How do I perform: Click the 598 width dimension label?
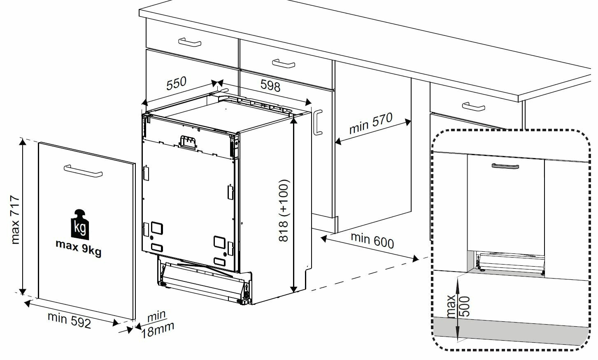[x=270, y=86]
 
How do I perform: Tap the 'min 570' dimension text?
[x=370, y=123]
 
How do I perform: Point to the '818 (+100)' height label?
[x=284, y=210]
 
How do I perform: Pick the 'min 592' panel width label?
[x=69, y=320]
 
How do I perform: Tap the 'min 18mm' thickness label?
[x=158, y=324]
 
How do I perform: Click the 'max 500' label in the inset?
[x=457, y=307]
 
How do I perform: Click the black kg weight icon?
[x=81, y=224]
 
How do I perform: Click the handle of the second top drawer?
[x=284, y=64]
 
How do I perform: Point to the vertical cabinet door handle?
[x=317, y=122]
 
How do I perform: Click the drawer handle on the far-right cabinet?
[x=473, y=107]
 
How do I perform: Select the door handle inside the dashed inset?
[x=505, y=166]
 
